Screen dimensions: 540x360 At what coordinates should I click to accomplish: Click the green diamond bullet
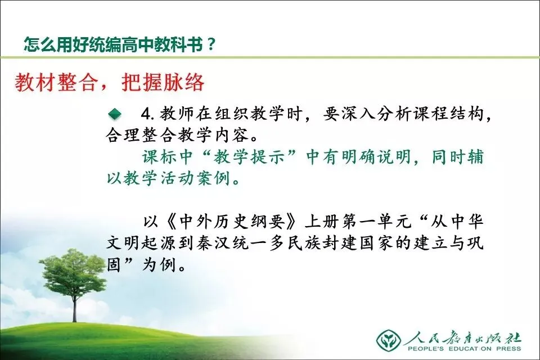coord(115,114)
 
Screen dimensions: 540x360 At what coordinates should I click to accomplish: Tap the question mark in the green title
coord(211,44)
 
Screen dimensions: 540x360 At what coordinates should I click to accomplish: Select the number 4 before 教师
coord(146,114)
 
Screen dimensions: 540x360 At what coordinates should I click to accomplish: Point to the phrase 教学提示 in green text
coord(250,157)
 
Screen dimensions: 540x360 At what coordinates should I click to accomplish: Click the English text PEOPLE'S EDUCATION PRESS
coord(464,349)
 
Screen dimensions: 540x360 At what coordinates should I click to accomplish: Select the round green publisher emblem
coord(389,340)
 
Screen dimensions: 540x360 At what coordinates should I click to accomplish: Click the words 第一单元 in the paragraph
coord(376,222)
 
